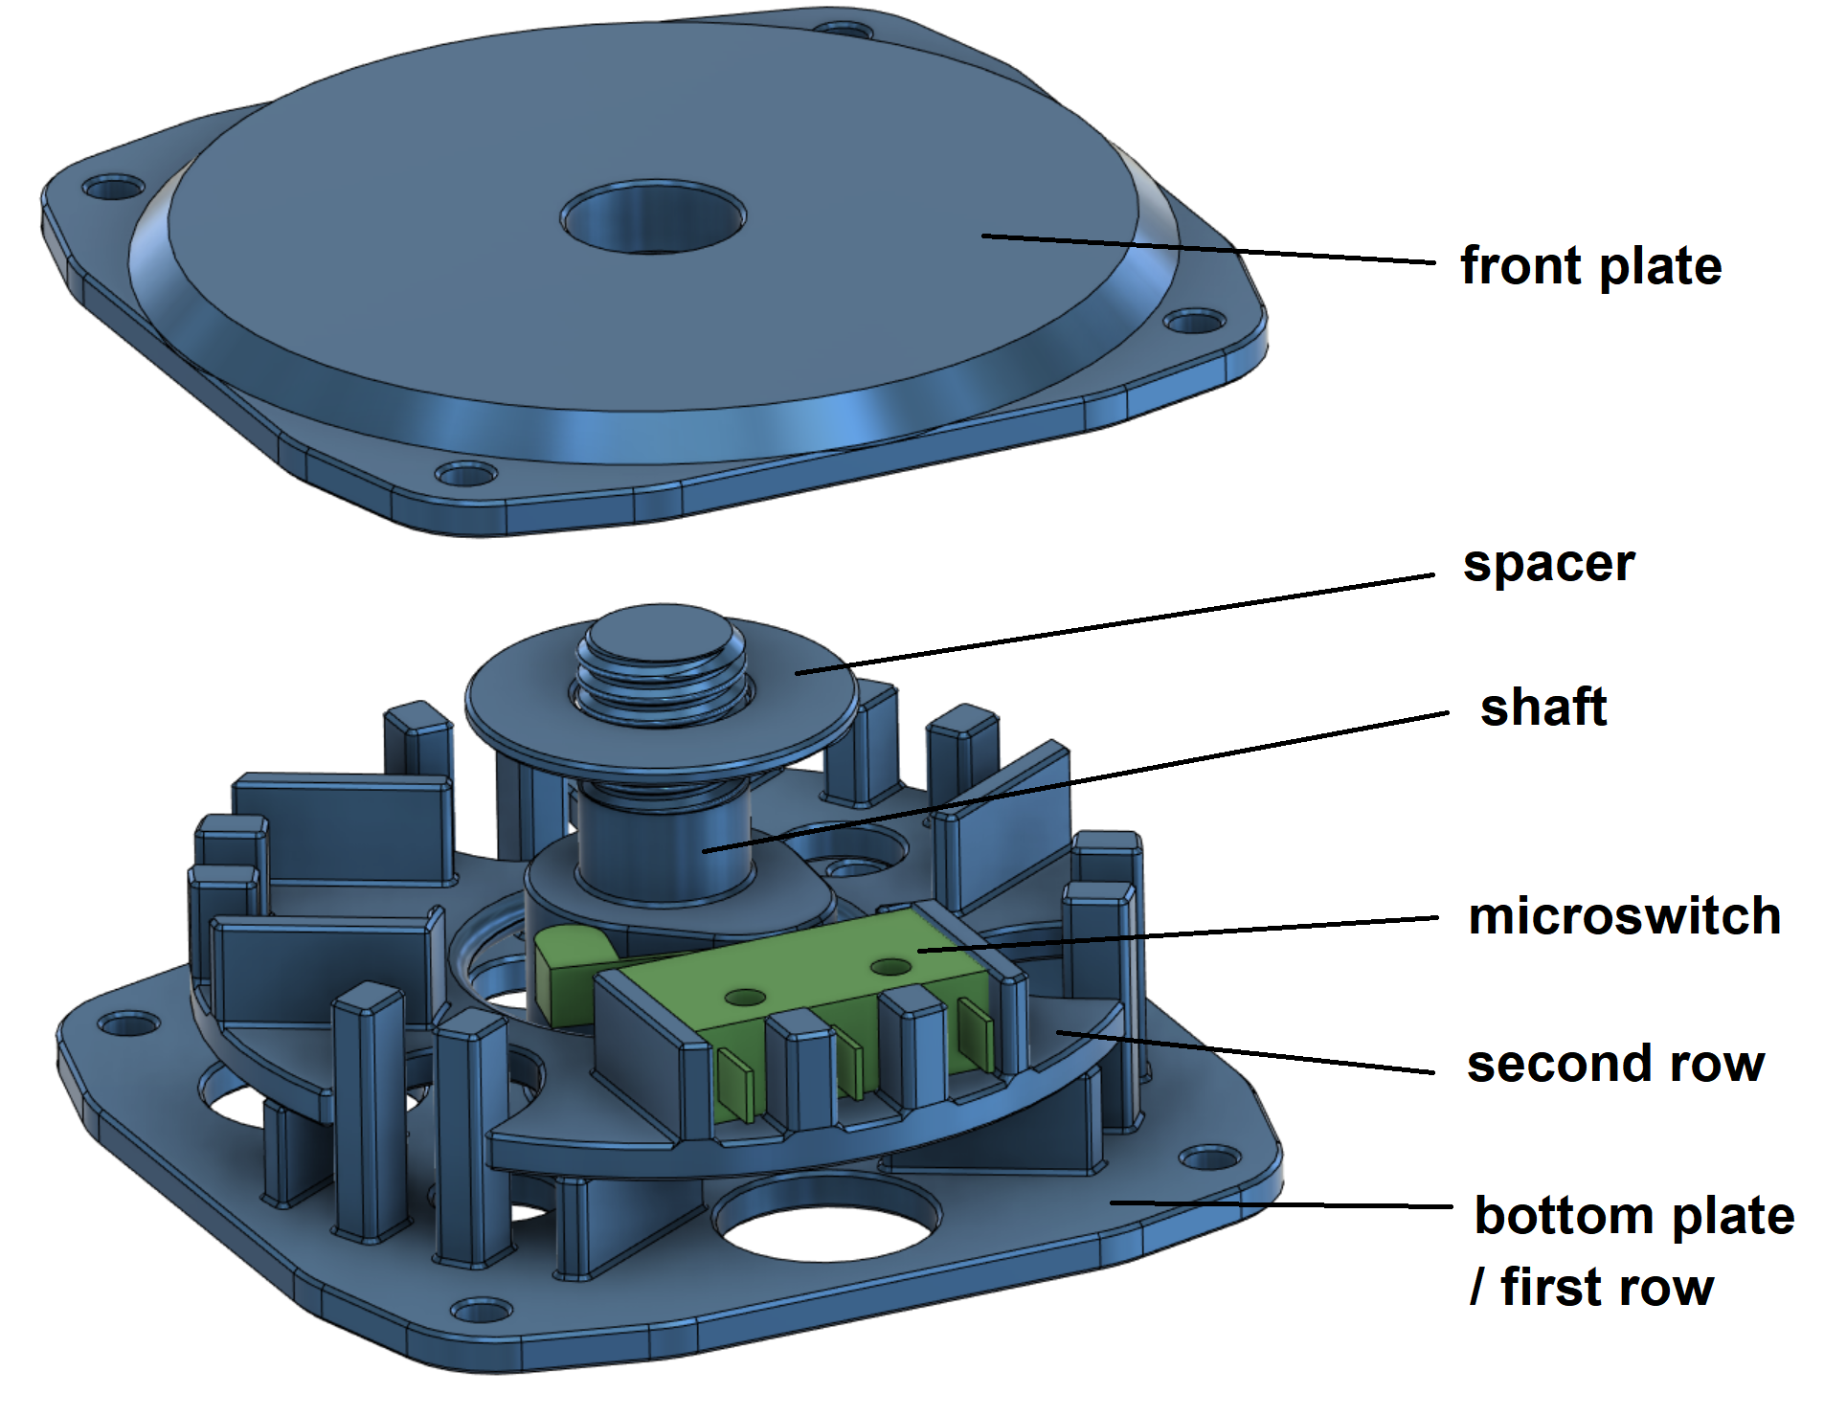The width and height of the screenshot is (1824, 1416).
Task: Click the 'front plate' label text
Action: tap(1589, 266)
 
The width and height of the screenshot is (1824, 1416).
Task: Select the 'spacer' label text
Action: tap(1548, 565)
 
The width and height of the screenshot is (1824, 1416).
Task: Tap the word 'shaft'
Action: tap(1543, 708)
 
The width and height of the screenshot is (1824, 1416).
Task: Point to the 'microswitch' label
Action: tap(1624, 916)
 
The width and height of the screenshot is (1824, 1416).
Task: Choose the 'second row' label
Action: tap(1615, 1064)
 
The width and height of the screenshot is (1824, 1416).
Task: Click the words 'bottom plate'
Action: tap(1633, 1216)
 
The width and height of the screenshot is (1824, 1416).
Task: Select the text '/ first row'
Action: tap(1591, 1287)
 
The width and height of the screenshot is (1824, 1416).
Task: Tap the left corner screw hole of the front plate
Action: tap(112, 186)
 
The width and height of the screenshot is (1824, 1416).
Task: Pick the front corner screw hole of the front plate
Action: tap(465, 474)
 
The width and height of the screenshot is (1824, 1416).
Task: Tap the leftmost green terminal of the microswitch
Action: tap(734, 1080)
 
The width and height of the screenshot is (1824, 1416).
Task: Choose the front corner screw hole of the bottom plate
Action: tap(482, 1310)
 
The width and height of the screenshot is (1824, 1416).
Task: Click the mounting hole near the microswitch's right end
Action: tap(890, 966)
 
